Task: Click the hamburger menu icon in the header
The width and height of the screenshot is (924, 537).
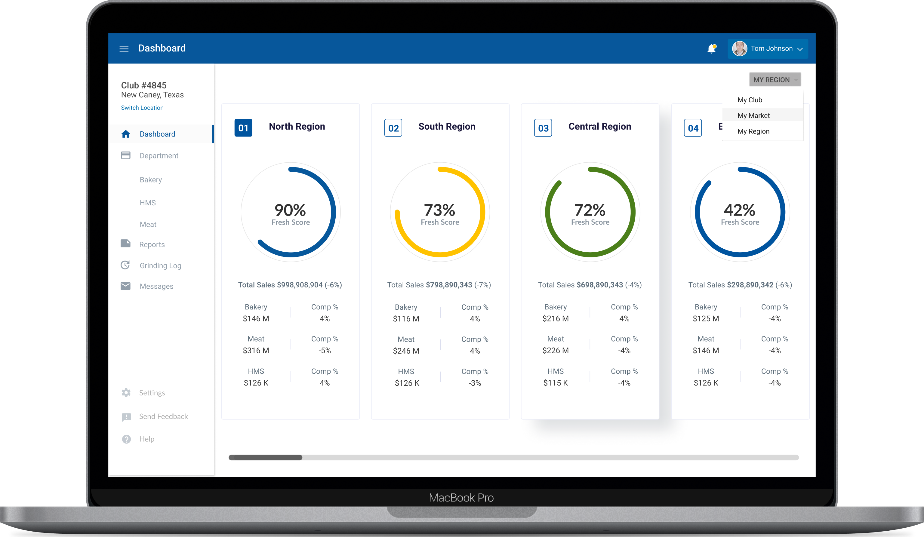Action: (124, 49)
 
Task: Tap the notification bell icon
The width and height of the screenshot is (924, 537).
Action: (711, 49)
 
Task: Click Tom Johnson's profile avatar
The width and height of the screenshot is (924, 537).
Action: (739, 49)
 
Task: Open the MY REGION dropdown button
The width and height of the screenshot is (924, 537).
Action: (775, 80)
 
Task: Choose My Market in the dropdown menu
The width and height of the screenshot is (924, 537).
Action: (753, 115)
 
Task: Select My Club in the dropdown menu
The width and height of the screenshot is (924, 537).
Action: (750, 100)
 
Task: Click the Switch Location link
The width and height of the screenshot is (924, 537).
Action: (142, 108)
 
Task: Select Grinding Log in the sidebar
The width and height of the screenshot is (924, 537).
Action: (160, 265)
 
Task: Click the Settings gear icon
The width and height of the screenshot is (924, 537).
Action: (126, 393)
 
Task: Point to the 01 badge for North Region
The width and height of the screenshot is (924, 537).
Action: (243, 128)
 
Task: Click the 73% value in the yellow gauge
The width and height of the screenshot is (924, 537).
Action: (439, 210)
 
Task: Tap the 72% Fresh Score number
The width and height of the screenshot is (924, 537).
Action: (590, 210)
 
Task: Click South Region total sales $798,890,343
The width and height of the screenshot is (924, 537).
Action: (449, 285)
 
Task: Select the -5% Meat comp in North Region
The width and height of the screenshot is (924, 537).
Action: (325, 350)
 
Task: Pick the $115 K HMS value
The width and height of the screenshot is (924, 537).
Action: (556, 383)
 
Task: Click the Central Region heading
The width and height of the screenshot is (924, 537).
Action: (599, 127)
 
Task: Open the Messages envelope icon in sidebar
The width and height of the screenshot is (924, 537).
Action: (125, 286)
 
